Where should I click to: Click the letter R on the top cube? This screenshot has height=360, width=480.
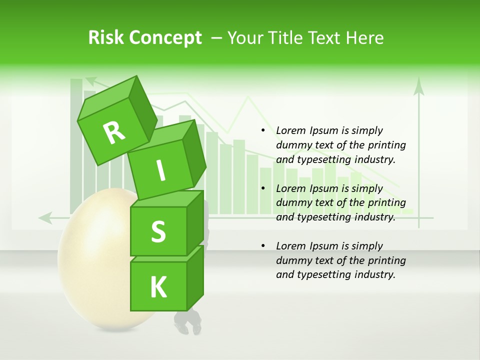point(114,132)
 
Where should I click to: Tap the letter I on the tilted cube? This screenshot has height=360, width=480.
point(161,171)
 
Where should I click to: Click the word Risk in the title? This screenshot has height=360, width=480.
point(106,38)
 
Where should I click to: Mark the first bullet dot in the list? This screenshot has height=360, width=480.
point(263,130)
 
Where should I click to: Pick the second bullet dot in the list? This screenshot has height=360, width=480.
point(263,188)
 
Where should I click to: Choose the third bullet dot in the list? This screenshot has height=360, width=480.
point(263,246)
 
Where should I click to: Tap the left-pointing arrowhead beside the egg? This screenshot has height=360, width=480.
point(45,217)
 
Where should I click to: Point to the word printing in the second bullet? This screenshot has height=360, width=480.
point(386,202)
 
